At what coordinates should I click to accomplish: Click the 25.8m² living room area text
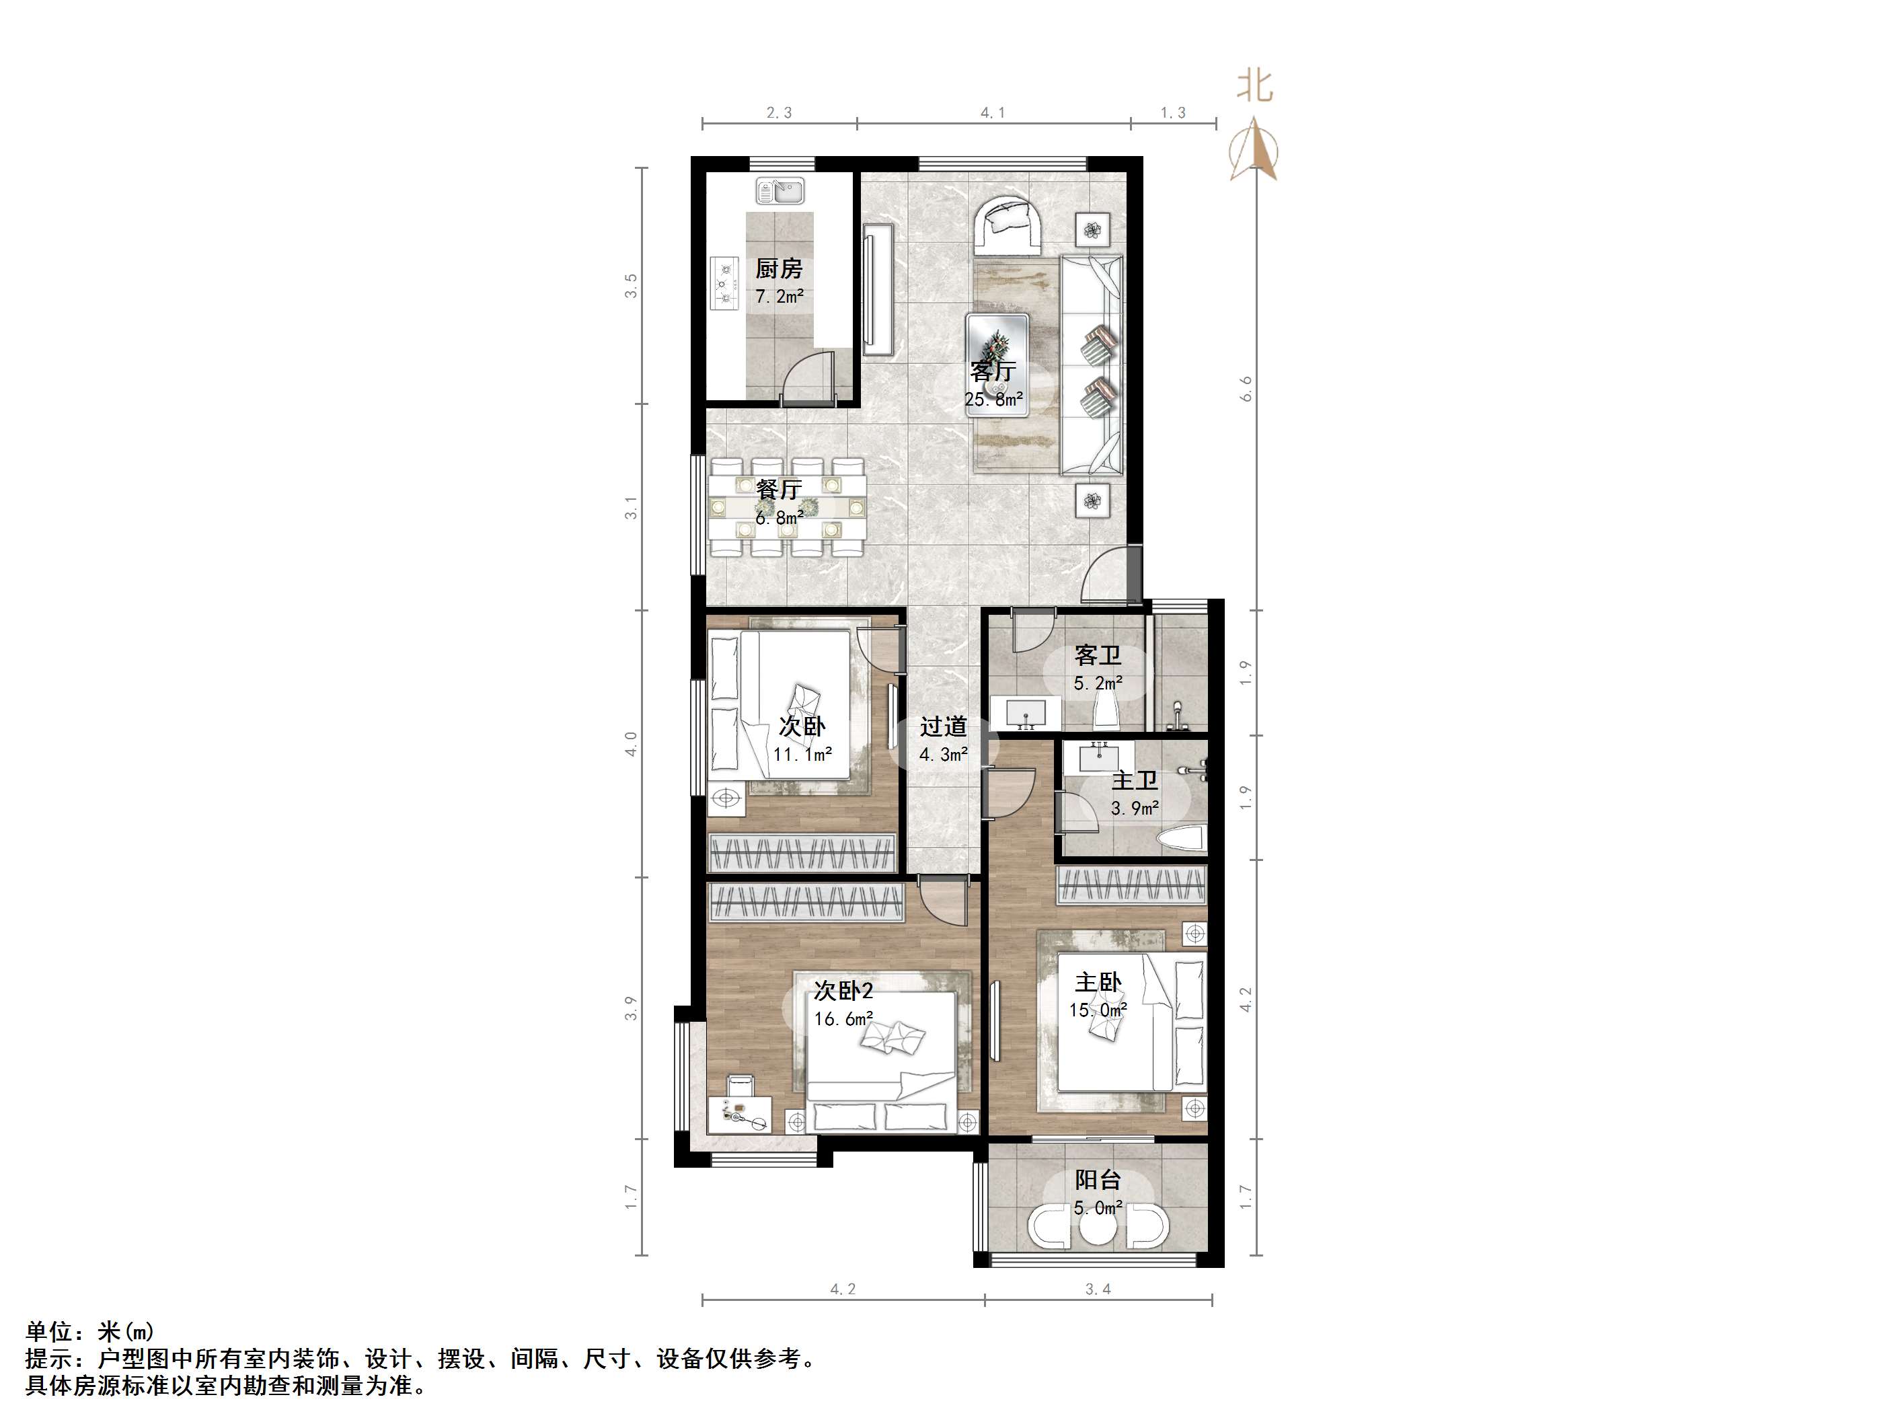coord(993,399)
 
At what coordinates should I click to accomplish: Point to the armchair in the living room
coord(1008,225)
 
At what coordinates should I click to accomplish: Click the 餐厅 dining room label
coord(779,489)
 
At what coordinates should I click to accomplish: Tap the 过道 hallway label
coord(943,727)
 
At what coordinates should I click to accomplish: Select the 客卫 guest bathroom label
coord(1098,656)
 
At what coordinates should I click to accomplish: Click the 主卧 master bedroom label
coord(1098,982)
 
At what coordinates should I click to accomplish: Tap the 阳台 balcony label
coord(1098,1181)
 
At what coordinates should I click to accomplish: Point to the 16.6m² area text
coord(843,1019)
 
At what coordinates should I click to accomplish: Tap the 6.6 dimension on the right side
coord(1246,388)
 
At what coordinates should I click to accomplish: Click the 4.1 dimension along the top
coord(993,112)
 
